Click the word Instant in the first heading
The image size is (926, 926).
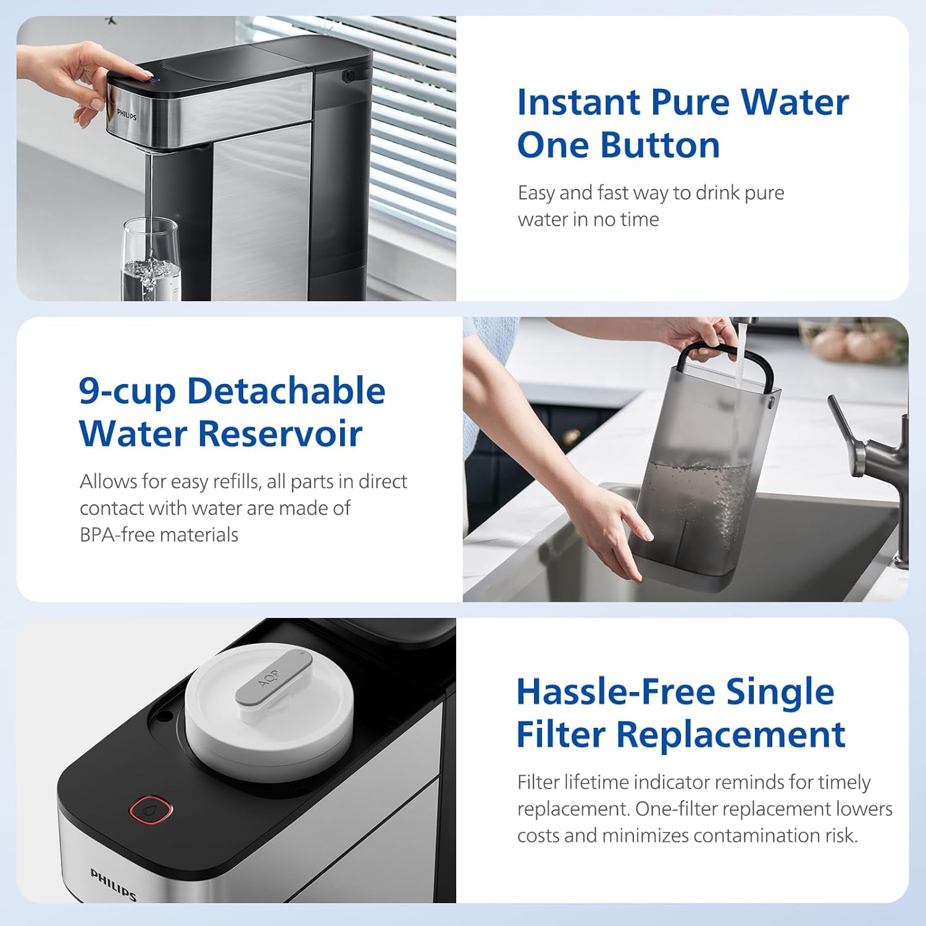tap(578, 102)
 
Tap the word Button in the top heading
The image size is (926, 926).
tap(660, 146)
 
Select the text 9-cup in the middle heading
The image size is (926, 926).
tap(127, 391)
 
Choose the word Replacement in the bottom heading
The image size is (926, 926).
tap(730, 735)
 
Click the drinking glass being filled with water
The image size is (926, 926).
tap(151, 262)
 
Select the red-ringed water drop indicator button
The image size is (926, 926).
tap(151, 809)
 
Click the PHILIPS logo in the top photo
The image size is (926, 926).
tap(127, 115)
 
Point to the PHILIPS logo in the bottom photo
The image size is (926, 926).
tap(113, 884)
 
